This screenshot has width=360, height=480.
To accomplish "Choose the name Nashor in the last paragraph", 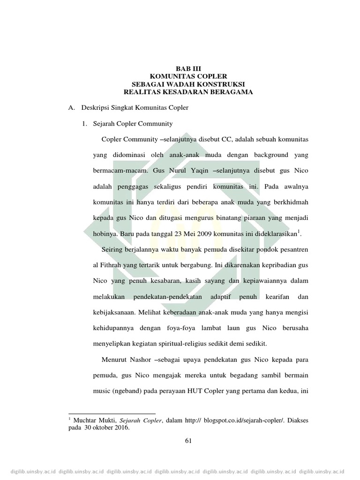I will click(x=140, y=360).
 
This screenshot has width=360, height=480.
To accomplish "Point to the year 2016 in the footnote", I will click(x=119, y=427).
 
